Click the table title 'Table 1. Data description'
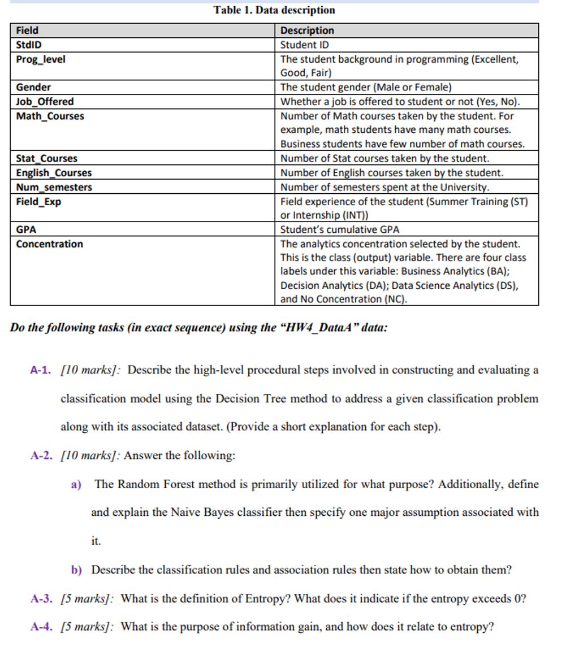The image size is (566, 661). [274, 10]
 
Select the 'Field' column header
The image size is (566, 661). [27, 31]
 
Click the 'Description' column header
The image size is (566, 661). [307, 31]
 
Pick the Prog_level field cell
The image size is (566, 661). [40, 59]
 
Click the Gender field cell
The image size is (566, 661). [33, 87]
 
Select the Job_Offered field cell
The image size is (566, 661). [45, 102]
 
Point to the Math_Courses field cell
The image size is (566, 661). [50, 116]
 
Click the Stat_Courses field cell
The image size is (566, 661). [46, 159]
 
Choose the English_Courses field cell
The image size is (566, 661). [54, 173]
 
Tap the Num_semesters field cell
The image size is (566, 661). [54, 187]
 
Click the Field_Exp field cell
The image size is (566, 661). [38, 201]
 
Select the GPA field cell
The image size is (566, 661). [26, 230]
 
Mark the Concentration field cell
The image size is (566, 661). [49, 244]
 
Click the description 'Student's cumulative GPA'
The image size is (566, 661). [340, 230]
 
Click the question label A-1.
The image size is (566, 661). [41, 371]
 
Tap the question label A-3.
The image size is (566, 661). [41, 599]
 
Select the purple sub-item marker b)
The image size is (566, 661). [77, 570]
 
